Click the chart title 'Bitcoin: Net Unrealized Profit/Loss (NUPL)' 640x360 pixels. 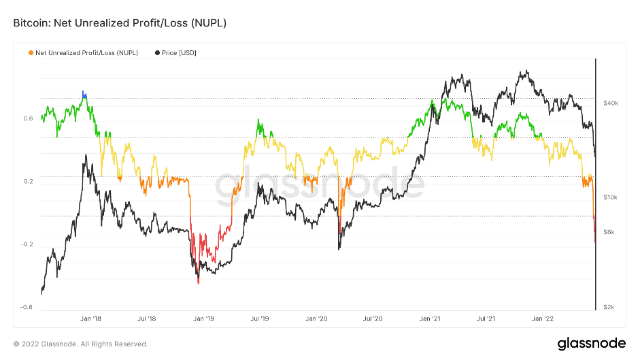[120, 23]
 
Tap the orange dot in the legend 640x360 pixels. [31, 52]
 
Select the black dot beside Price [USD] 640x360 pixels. [158, 52]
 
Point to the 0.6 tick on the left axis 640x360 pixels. [28, 118]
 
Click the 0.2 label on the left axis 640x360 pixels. [28, 181]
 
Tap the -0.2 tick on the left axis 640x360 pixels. [27, 244]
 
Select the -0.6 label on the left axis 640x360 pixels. [27, 307]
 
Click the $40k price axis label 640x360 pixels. [610, 103]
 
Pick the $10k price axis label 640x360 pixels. [610, 197]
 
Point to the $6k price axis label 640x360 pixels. [609, 232]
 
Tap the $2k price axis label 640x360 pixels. [609, 307]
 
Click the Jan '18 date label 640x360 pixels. [90, 318]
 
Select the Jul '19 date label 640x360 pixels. [260, 318]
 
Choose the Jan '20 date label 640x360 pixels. [316, 318]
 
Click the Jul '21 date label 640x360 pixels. [485, 318]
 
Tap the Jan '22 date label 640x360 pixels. [542, 318]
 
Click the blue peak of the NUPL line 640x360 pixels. [84, 94]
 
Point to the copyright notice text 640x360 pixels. [80, 344]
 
